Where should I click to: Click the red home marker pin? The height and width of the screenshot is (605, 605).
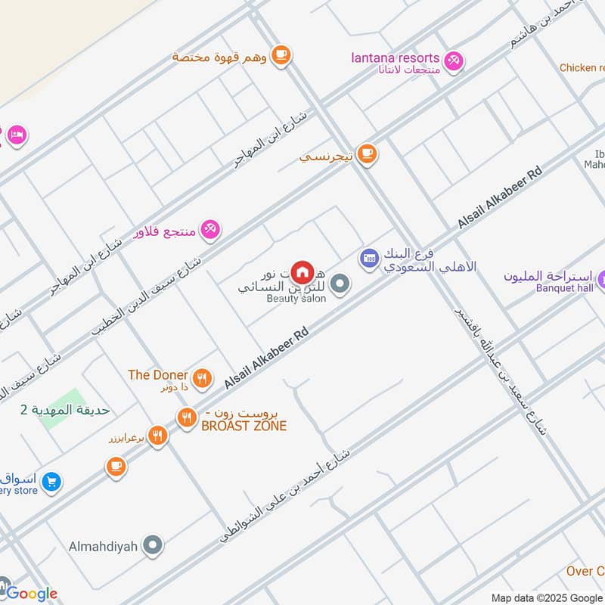[x=302, y=271]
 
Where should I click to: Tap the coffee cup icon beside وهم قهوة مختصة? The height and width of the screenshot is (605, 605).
[x=281, y=54]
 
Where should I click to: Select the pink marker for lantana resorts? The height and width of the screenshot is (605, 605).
[x=453, y=60]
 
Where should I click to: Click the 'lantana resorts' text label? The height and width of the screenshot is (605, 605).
[x=395, y=57]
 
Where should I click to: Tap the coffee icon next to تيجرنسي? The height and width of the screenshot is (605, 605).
[x=367, y=154]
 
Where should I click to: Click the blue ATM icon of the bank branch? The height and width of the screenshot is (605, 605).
[x=369, y=259]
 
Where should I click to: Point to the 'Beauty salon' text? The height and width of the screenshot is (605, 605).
[x=296, y=299]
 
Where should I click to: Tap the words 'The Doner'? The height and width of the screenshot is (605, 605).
[x=157, y=374]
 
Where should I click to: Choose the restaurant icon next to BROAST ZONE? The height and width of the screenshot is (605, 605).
[x=186, y=417]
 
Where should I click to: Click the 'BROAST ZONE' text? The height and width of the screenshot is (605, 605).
[x=244, y=427]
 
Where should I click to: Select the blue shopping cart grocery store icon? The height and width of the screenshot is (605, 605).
[x=51, y=481]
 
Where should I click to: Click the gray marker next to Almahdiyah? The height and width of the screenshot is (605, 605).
[x=154, y=544]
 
